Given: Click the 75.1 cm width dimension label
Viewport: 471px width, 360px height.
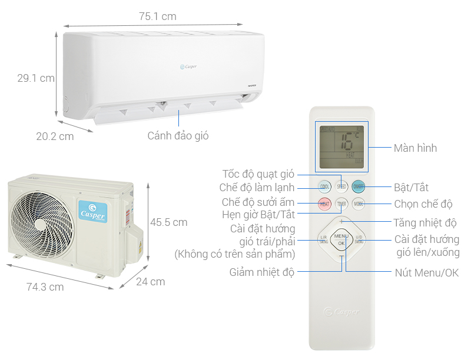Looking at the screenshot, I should tap(157, 16).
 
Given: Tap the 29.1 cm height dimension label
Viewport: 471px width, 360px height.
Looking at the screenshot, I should tap(36, 78).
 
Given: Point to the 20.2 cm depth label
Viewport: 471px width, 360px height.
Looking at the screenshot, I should tap(55, 136).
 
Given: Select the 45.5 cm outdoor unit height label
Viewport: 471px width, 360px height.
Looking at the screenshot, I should tap(168, 222).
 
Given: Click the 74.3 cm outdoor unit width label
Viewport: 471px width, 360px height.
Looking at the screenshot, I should tap(45, 287).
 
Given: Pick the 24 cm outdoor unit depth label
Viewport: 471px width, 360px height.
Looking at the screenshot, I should tap(150, 282).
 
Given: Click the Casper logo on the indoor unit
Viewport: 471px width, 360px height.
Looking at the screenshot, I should tap(188, 66).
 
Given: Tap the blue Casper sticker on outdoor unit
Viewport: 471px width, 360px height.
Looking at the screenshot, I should tap(92, 212).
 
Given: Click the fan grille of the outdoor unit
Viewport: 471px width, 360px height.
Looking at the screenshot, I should tap(42, 218).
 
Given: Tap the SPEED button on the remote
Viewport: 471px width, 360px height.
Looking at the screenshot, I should tap(341, 187).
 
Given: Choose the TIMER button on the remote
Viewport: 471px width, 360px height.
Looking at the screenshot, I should tap(341, 204).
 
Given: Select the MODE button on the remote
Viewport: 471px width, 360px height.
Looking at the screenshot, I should tap(358, 204).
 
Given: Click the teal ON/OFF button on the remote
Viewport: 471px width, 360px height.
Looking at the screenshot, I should tap(358, 187).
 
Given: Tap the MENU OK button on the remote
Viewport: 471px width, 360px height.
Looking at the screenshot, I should tap(341, 239).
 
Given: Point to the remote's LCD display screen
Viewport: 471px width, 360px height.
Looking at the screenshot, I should tap(341, 146).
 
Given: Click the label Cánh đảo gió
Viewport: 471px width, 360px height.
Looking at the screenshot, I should tap(178, 136).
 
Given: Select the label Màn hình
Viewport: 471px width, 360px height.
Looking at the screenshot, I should tap(415, 148).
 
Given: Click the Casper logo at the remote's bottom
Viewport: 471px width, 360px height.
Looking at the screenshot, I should tap(341, 312).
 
